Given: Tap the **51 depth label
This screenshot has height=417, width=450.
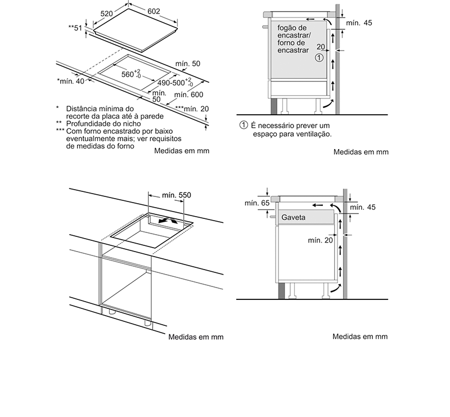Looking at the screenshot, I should [75, 28].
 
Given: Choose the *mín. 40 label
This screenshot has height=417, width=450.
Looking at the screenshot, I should [71, 82].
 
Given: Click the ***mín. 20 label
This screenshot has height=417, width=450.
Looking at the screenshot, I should [192, 108].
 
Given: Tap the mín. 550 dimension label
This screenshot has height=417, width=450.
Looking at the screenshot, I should [177, 195].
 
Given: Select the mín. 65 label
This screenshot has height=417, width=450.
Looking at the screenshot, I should [254, 203].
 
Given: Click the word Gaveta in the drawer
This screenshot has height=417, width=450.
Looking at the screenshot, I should [293, 217].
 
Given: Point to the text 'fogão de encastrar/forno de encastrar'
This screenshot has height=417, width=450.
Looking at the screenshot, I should [292, 39].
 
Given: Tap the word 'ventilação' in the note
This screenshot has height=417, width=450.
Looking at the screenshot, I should [315, 134].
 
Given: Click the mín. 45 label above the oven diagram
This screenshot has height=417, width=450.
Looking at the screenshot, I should [359, 23].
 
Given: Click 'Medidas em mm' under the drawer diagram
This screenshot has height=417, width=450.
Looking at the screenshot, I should [360, 337].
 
